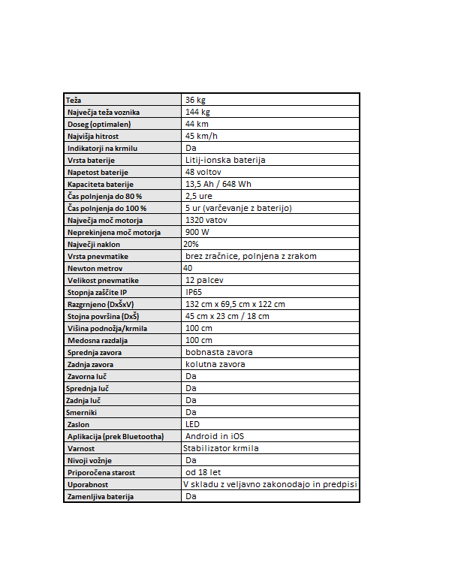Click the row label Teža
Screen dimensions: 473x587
74,100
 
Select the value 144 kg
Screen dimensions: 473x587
197,112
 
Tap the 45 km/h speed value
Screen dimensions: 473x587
202,136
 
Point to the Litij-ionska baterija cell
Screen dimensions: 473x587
225,160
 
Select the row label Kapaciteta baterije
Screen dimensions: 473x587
100,184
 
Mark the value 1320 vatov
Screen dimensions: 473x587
207,220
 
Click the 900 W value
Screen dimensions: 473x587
198,232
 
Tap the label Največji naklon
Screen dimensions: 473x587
93,244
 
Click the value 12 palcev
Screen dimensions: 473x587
204,280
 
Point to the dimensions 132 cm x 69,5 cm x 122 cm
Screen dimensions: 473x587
235,304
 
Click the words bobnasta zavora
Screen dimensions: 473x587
219,352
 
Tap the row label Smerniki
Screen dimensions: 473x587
82,412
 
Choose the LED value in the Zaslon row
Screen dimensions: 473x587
191,424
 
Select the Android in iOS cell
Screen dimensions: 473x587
215,436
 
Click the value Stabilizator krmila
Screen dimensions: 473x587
221,448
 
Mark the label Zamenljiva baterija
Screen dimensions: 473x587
100,496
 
